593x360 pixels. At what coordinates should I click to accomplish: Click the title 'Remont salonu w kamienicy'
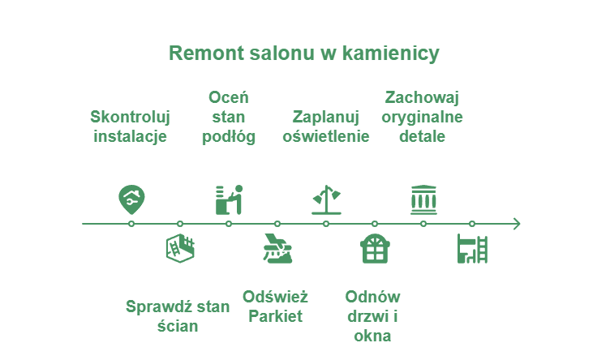tap(303, 54)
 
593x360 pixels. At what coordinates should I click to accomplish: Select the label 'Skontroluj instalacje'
tap(130, 126)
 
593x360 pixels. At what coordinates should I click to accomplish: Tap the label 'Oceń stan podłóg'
tap(229, 118)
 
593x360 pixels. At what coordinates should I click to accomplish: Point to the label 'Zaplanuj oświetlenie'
tap(325, 126)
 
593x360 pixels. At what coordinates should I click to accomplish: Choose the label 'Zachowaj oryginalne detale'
tap(422, 117)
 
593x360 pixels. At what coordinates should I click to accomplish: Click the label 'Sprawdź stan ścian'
tap(178, 316)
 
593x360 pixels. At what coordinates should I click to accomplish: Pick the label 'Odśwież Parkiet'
tap(275, 306)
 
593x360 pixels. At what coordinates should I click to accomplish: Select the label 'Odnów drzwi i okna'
tap(372, 316)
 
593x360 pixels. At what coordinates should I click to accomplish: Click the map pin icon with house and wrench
tap(131, 199)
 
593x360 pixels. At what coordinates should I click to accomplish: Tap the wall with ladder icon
tap(180, 248)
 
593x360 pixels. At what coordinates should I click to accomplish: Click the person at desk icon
tap(229, 199)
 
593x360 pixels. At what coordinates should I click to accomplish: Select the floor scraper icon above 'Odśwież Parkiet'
tap(277, 248)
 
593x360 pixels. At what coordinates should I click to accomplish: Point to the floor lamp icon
tap(326, 199)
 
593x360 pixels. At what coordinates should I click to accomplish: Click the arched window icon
tap(375, 248)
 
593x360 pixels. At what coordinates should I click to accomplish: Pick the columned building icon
tap(423, 199)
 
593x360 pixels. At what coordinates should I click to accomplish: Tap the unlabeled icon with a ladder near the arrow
tap(472, 248)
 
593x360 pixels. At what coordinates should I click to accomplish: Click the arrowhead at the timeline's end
tap(518, 224)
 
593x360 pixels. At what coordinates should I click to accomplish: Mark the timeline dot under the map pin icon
tap(131, 224)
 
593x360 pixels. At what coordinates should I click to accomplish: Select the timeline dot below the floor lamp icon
tap(326, 224)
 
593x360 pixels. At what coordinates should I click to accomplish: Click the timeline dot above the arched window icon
tap(375, 224)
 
